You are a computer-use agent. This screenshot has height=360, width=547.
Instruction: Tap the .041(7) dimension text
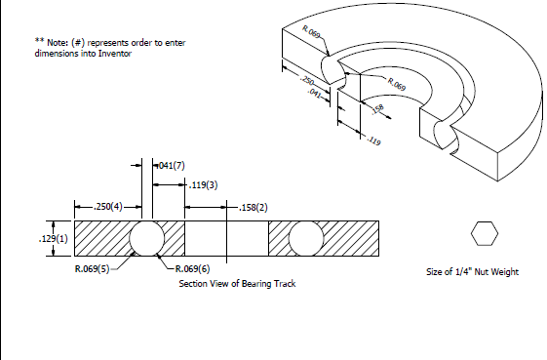click(171, 166)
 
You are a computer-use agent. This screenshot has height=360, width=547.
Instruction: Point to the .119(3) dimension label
click(203, 185)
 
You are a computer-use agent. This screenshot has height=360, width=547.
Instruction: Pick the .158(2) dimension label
click(255, 207)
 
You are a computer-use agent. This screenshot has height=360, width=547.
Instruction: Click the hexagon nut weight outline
click(485, 235)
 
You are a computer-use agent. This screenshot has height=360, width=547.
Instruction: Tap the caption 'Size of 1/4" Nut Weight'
click(472, 272)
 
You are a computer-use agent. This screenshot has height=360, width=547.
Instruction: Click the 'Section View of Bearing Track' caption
click(237, 283)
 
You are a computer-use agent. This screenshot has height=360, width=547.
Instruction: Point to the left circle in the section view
click(148, 238)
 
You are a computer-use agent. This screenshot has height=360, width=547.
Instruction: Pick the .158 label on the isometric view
click(377, 108)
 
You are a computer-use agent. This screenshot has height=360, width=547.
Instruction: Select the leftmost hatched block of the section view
click(101, 238)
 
